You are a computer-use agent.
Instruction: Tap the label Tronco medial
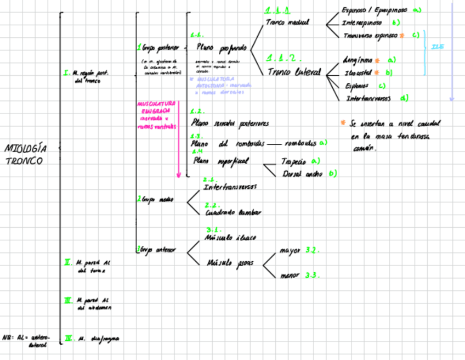click(287, 22)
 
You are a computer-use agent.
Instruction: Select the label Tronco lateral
click(294, 71)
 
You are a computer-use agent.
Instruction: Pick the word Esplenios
click(356, 86)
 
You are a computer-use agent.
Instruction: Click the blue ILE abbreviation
click(438, 47)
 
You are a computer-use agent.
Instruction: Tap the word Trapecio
click(293, 162)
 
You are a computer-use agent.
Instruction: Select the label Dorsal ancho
click(303, 173)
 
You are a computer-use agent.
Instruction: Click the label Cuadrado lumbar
click(233, 212)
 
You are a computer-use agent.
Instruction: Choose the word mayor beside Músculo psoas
click(290, 251)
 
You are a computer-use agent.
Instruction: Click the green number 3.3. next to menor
click(312, 275)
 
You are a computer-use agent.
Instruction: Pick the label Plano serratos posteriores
click(230, 123)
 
